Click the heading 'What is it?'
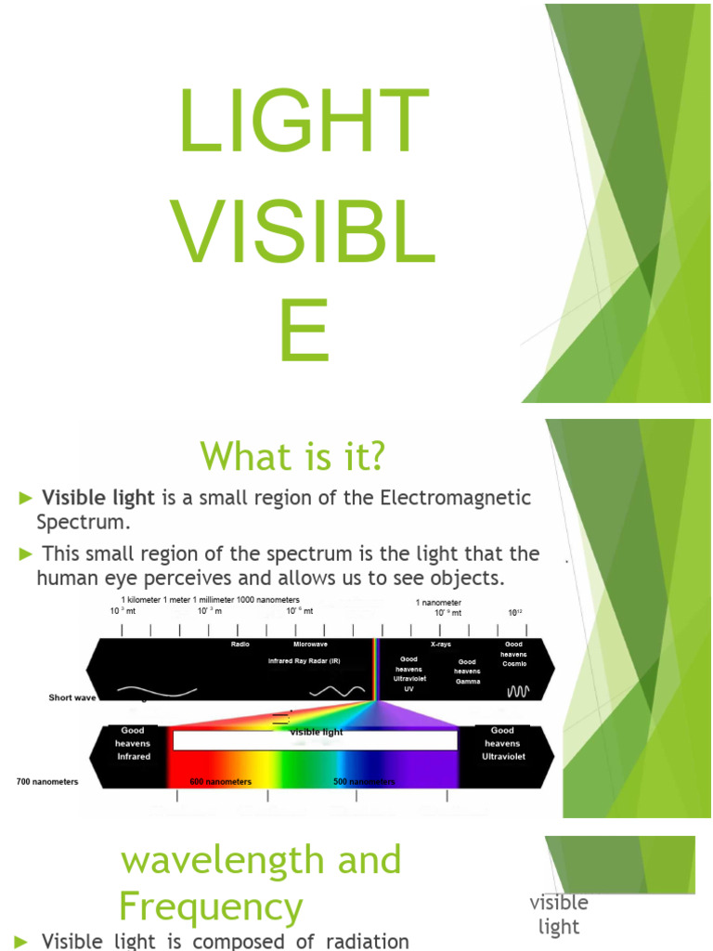point(292,456)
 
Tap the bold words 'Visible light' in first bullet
point(99,498)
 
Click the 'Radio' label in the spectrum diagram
point(240,644)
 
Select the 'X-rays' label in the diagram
point(441,644)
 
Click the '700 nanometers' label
point(47,781)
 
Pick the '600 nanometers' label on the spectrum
point(221,782)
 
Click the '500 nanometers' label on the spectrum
point(364,782)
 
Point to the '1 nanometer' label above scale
point(438,602)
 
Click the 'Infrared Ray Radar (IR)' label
point(304,660)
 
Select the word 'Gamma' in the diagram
point(467,682)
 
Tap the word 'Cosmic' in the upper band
point(513,665)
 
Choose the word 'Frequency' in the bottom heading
point(211,905)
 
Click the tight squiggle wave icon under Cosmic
point(517,691)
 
